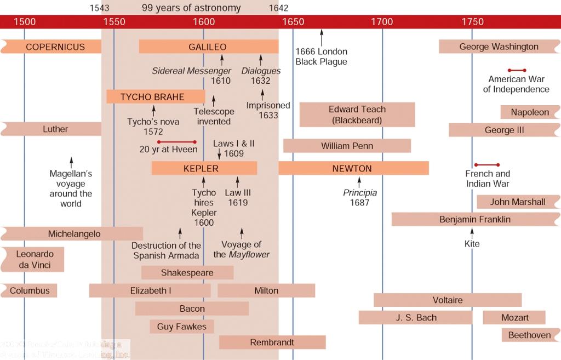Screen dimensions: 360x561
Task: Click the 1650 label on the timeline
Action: (293, 22)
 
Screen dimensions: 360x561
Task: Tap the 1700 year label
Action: (382, 22)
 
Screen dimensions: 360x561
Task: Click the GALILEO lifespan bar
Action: (208, 47)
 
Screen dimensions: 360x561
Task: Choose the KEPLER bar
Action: (204, 168)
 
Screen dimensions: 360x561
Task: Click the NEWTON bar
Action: (353, 168)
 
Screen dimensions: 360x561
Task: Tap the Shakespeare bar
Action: (187, 272)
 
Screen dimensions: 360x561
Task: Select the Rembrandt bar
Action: (272, 342)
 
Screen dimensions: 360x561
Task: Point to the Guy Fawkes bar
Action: (182, 327)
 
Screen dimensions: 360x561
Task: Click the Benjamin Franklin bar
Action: (474, 219)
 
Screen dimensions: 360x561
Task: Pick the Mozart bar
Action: (514, 317)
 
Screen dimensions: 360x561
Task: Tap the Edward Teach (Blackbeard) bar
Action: (357, 115)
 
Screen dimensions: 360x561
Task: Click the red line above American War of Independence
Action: (517, 70)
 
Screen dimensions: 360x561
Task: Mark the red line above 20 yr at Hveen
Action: (176, 142)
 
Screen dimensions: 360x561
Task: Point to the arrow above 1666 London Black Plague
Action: (322, 37)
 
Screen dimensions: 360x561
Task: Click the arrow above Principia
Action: (359, 182)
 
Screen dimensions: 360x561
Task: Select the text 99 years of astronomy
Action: (191, 8)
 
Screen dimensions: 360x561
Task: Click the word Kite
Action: (472, 243)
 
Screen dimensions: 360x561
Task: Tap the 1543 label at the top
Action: (99, 8)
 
